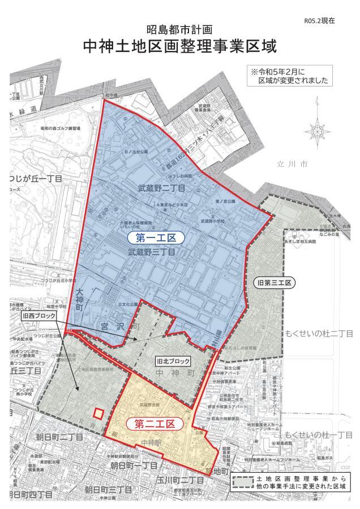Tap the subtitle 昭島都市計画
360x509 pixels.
[179, 28]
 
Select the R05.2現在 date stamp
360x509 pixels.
[319, 20]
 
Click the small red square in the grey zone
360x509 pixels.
[98, 413]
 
